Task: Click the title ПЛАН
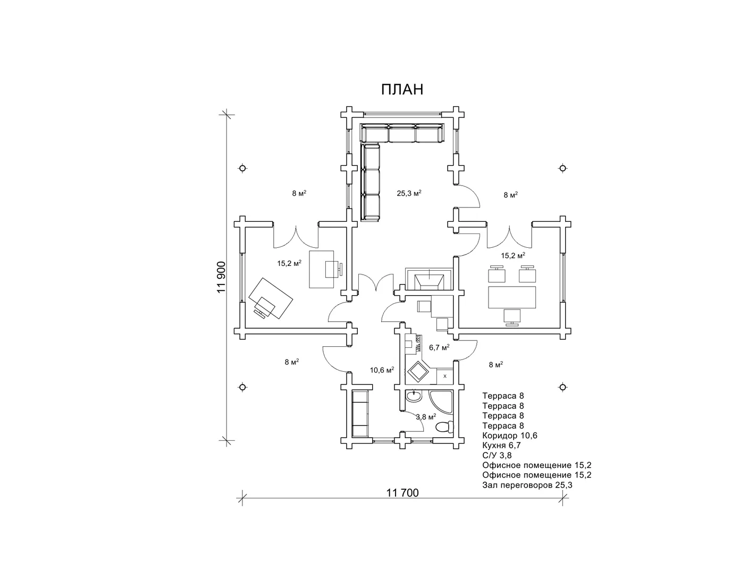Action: [402, 89]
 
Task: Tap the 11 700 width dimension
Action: [402, 493]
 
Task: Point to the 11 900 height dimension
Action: [222, 277]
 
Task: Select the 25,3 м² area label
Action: [409, 193]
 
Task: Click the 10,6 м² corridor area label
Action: [382, 370]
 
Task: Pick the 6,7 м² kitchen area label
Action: [439, 347]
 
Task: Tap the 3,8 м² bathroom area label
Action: [426, 417]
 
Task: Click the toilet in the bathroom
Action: [444, 427]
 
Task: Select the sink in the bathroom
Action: [413, 396]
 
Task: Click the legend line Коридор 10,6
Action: [509, 436]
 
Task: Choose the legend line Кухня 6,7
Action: [501, 445]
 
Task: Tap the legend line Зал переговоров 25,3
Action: [527, 485]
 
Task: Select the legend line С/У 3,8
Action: [497, 455]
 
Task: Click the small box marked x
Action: [445, 377]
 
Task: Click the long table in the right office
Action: [512, 297]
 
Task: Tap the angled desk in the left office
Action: [271, 298]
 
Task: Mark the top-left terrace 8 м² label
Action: [299, 194]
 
